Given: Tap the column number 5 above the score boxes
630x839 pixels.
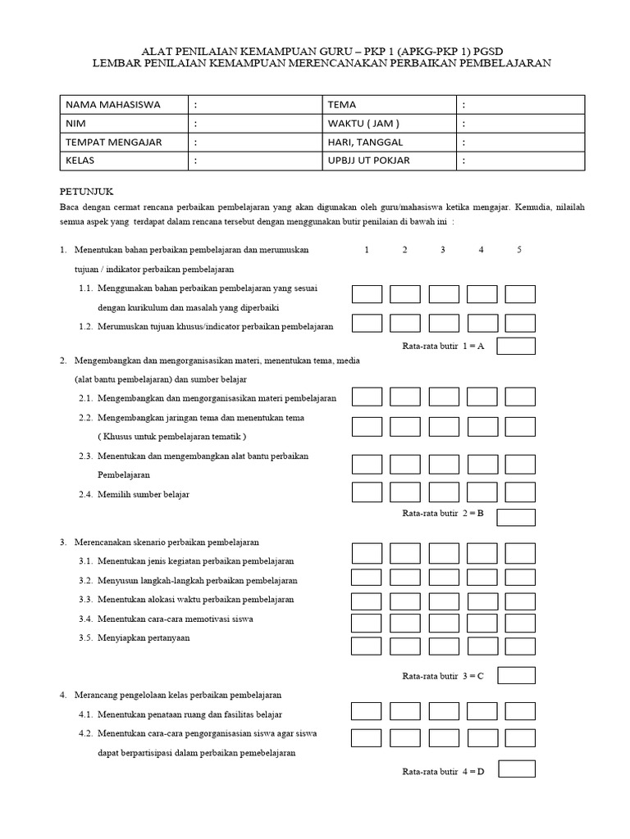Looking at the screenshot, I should [x=519, y=250].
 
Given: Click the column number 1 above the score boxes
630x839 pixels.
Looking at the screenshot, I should [x=367, y=250].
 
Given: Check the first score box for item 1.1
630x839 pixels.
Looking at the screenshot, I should [x=367, y=294].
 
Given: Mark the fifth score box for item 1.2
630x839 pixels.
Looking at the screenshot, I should [x=519, y=323].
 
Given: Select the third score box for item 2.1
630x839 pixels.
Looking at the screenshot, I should [x=444, y=397].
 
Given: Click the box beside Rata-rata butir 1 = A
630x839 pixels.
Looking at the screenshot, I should [x=516, y=346].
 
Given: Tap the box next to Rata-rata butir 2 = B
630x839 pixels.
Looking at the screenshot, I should [x=516, y=517].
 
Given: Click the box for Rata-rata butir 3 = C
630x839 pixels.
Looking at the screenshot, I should [x=516, y=675].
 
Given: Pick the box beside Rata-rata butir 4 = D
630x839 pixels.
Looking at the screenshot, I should [x=516, y=769].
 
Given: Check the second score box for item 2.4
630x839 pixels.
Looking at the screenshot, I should [x=405, y=492].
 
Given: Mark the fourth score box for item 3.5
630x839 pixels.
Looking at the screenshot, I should [x=482, y=646].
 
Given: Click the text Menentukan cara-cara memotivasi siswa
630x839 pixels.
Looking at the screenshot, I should [x=175, y=619].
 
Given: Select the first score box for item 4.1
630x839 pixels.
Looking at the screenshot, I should [x=367, y=711].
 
